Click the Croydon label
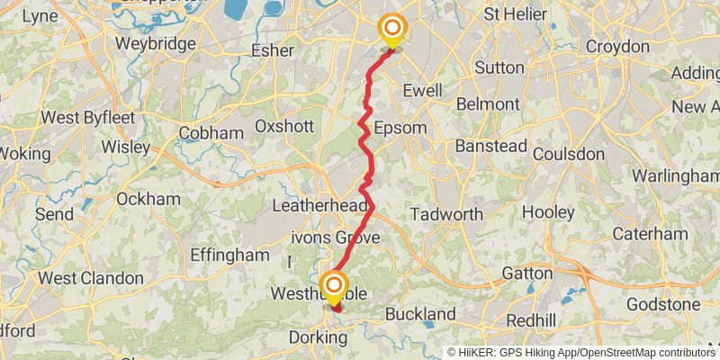point(616,46)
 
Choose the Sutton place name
point(499,67)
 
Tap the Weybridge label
point(143,44)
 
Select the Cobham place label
point(211,133)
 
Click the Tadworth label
point(446,214)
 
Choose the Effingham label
point(230,255)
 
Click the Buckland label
point(420,314)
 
